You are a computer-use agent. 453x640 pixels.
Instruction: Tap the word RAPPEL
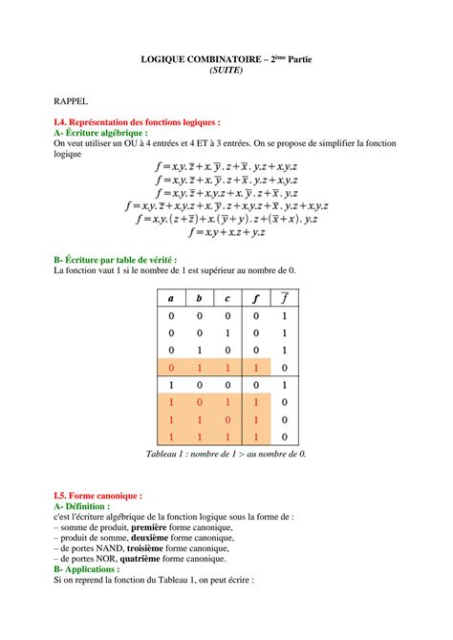[72, 98]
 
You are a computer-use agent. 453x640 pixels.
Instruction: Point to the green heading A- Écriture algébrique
[107, 133]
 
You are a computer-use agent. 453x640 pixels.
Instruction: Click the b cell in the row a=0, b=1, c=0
[199, 350]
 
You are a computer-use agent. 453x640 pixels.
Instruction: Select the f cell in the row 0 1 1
[255, 367]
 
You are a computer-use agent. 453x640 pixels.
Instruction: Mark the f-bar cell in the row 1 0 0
[284, 384]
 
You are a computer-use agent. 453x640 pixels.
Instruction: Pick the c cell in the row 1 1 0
[226, 418]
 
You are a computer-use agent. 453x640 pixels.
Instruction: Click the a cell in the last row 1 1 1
[171, 436]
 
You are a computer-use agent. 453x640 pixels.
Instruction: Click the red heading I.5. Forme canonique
[98, 496]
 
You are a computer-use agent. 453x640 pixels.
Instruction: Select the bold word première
[154, 526]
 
